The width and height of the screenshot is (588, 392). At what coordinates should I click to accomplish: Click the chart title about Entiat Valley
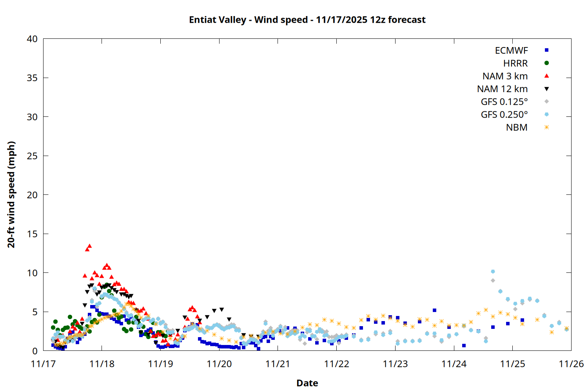tap(307, 20)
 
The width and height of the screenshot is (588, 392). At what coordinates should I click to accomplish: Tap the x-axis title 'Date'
tap(307, 383)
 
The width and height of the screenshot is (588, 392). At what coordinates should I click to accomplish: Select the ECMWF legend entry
tap(511, 51)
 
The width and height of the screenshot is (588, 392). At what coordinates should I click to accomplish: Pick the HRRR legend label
tap(515, 64)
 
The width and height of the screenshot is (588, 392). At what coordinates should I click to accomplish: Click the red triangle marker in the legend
tap(546, 76)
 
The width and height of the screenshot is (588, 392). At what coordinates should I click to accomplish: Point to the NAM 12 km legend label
tap(502, 89)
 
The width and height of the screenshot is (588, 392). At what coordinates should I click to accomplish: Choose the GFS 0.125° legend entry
tap(504, 102)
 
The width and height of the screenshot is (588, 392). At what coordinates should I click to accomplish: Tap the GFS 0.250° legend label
tap(504, 115)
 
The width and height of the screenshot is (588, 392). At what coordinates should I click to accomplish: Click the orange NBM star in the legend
tap(546, 127)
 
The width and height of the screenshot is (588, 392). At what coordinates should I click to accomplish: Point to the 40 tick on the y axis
tap(32, 39)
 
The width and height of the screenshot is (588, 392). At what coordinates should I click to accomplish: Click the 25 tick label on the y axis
tap(32, 156)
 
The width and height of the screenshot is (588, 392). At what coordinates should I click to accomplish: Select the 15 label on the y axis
tap(32, 234)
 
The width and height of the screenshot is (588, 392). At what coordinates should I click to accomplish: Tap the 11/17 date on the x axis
tap(43, 364)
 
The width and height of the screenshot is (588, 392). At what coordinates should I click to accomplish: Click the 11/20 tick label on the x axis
tap(219, 364)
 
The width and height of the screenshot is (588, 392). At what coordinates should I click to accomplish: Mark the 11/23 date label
tap(395, 364)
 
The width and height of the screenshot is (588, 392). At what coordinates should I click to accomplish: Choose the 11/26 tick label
tap(571, 364)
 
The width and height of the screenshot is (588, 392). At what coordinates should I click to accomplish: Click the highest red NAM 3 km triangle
tap(89, 246)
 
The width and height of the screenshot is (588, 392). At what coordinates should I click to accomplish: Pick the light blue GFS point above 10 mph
tap(493, 271)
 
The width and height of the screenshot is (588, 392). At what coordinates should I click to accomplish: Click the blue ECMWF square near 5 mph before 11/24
tap(434, 310)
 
